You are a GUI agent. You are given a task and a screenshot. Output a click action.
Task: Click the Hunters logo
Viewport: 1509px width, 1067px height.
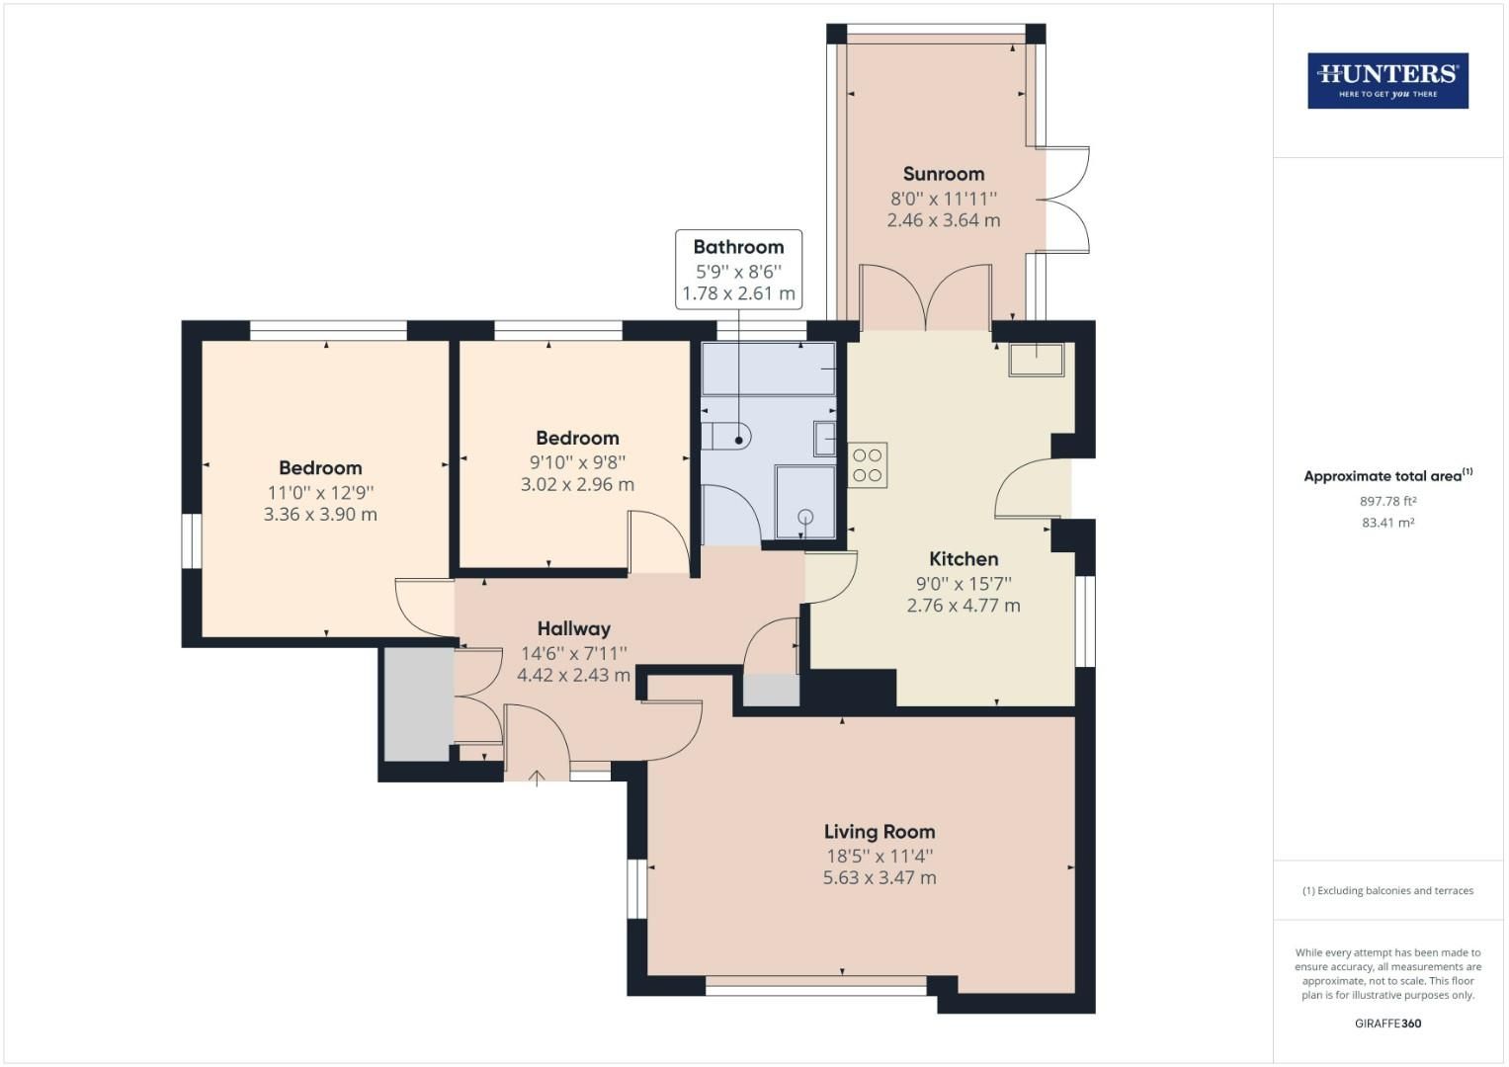click(x=1387, y=80)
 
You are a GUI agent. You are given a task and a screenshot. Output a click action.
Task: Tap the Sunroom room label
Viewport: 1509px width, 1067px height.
click(x=943, y=174)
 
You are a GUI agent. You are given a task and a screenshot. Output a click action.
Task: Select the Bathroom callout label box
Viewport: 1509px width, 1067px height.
click(x=738, y=270)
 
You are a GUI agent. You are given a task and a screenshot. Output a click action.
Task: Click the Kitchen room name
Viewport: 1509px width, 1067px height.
click(x=964, y=559)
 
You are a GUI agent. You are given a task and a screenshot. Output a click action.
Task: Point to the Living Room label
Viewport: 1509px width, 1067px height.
click(x=880, y=832)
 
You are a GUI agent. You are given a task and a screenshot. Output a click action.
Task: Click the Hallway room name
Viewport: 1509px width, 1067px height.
click(x=573, y=628)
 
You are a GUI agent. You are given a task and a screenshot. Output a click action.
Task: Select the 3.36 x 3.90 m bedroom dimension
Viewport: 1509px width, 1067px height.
click(x=320, y=515)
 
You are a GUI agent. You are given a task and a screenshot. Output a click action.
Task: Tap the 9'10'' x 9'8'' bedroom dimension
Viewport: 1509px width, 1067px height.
click(x=577, y=461)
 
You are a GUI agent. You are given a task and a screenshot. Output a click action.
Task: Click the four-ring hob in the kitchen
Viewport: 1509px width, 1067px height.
click(x=867, y=465)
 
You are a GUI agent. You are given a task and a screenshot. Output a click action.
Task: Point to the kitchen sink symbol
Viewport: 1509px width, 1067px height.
click(x=1036, y=360)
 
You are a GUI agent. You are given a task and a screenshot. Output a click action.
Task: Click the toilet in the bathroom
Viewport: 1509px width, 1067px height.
click(x=727, y=434)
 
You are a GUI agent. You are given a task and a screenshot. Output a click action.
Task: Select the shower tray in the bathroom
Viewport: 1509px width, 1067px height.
click(x=804, y=503)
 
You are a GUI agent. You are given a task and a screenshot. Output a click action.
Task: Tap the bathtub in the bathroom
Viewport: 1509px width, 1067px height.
click(x=768, y=369)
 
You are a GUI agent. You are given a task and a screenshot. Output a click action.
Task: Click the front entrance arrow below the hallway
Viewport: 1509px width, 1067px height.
click(x=537, y=778)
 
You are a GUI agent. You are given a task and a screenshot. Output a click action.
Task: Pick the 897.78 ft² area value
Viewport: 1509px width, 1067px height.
click(x=1387, y=501)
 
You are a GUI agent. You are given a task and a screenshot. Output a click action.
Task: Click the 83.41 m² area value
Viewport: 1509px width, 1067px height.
click(x=1387, y=523)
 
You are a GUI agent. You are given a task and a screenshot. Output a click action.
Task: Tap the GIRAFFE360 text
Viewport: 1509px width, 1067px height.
click(x=1387, y=1024)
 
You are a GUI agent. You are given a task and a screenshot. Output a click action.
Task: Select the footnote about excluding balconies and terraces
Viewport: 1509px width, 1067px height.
click(x=1387, y=891)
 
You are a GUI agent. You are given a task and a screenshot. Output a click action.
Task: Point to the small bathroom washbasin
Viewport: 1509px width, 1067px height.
click(x=824, y=438)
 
